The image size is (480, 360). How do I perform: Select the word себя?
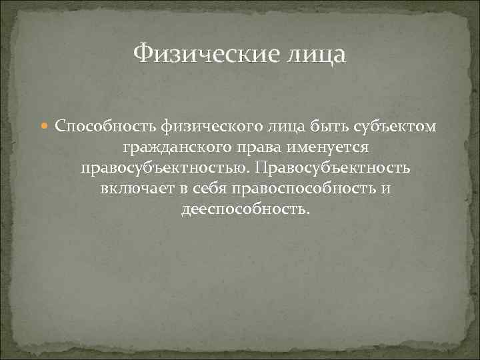(211, 189)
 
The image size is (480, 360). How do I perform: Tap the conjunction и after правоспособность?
(386, 189)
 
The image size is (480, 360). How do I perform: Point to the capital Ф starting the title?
(142, 53)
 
